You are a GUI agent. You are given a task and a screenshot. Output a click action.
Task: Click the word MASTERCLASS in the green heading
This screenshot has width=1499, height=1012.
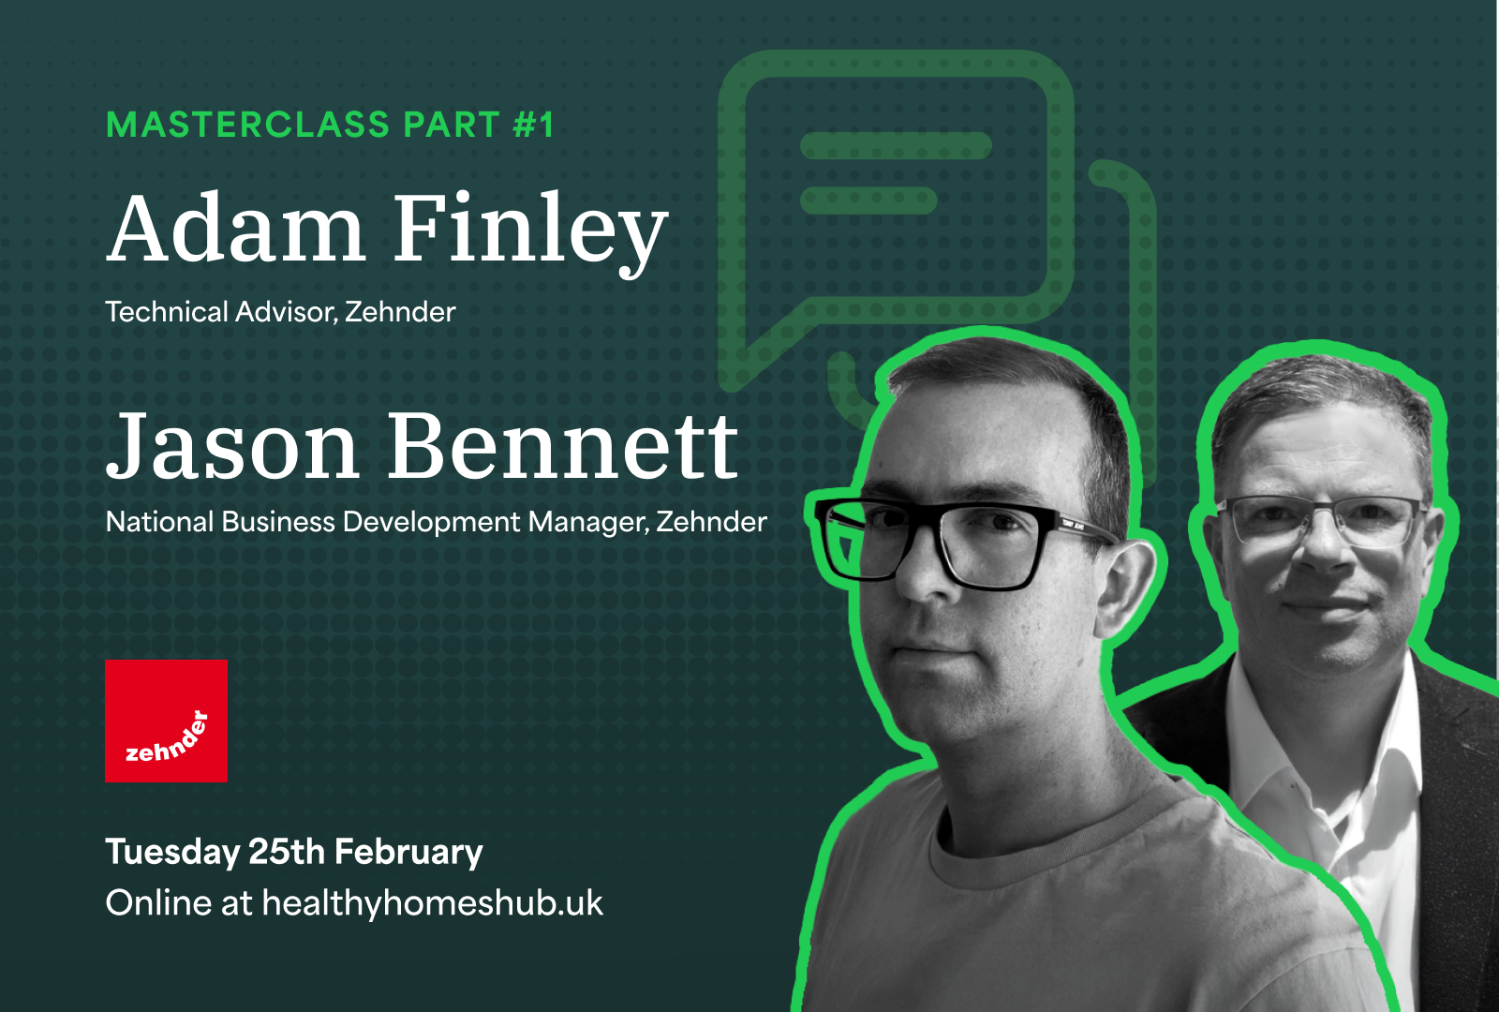tap(247, 125)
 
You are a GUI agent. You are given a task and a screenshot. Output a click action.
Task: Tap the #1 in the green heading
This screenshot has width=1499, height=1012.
tap(533, 125)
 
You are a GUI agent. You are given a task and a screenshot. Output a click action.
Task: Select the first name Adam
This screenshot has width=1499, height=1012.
tap(235, 229)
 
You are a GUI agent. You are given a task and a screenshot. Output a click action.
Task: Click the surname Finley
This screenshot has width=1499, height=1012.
tap(530, 233)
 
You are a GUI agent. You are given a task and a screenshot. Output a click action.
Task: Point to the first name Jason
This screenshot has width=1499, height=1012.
tap(232, 446)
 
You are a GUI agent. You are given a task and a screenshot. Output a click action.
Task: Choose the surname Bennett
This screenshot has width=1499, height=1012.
tap(563, 445)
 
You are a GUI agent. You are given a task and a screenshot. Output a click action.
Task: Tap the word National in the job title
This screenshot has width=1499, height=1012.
tap(160, 522)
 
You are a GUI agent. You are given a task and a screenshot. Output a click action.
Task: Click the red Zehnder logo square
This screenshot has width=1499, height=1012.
tap(166, 721)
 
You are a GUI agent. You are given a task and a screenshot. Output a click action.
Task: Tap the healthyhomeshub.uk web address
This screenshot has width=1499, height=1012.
tap(432, 903)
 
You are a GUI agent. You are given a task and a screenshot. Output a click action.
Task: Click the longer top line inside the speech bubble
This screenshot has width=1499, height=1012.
tap(896, 146)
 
